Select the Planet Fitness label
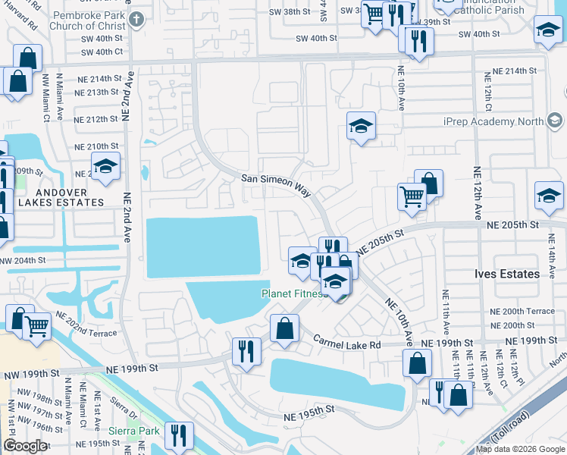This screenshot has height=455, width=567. tap(296, 293)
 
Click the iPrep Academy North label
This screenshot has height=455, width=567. tap(503, 121)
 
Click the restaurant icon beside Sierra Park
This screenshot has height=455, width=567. tap(180, 436)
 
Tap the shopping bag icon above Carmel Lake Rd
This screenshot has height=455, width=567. tap(284, 329)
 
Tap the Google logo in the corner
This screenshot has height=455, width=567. tap(25, 446)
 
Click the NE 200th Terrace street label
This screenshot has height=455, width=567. tap(523, 311)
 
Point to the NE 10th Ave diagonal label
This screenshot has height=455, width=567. tap(399, 319)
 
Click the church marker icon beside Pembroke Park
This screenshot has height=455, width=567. tap(136, 18)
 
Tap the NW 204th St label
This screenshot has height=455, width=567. tap(23, 260)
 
